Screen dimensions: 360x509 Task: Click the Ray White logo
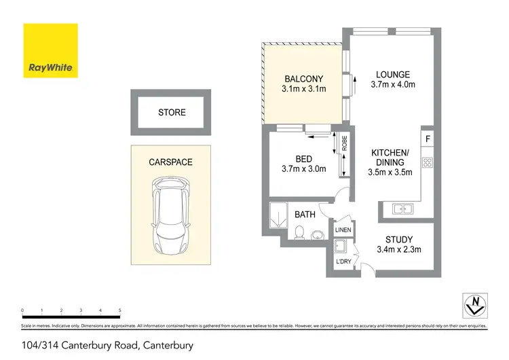51,51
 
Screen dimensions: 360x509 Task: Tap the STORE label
172,112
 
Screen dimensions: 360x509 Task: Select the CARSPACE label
171,162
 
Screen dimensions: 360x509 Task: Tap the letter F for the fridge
428,139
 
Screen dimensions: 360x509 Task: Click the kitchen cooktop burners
428,162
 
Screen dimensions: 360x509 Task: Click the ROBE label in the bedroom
345,144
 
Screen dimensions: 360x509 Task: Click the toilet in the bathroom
299,233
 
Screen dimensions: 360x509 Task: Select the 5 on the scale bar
120,310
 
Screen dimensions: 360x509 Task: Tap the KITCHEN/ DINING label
390,158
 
